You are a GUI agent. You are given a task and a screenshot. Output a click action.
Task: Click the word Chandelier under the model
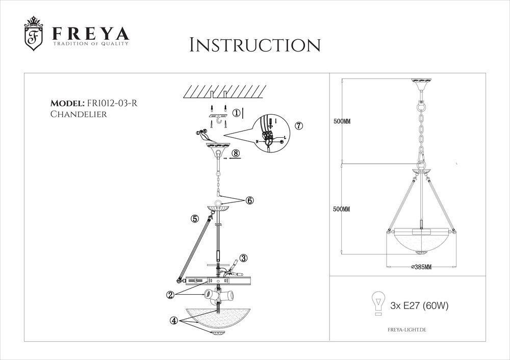point(78,115)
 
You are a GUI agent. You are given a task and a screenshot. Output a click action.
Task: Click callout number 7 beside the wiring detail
point(299,125)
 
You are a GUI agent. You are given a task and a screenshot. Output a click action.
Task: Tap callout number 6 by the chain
point(249,200)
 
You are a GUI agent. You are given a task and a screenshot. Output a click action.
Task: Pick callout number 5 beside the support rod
point(195,219)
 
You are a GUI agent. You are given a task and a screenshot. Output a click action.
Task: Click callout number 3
point(243,258)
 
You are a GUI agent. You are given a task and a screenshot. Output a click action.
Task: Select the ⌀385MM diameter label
point(421,267)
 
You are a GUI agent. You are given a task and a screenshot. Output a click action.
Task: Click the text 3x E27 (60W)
point(419,306)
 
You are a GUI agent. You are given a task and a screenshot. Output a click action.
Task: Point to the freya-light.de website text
point(403,330)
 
